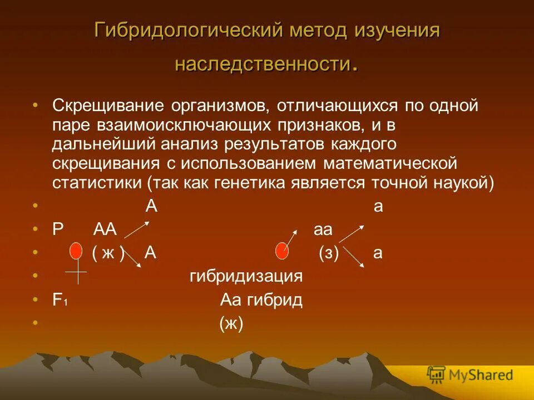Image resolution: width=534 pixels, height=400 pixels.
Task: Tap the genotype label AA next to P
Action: pos(105,229)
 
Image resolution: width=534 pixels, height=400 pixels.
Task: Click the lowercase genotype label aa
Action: pos(323,229)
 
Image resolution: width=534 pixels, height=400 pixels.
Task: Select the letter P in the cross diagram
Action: pos(57,229)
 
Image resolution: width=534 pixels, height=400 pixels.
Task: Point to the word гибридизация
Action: pos(246,277)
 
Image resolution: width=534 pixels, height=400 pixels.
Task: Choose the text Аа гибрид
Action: pos(261,301)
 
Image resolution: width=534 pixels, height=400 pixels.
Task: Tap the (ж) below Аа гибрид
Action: pos(231,324)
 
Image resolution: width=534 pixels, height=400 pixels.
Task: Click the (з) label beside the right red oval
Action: pos(329,253)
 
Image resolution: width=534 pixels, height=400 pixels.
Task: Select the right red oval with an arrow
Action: pos(283,251)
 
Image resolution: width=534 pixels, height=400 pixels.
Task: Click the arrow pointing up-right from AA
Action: pos(136,229)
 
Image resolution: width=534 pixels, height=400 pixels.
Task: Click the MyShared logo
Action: pos(470,375)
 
